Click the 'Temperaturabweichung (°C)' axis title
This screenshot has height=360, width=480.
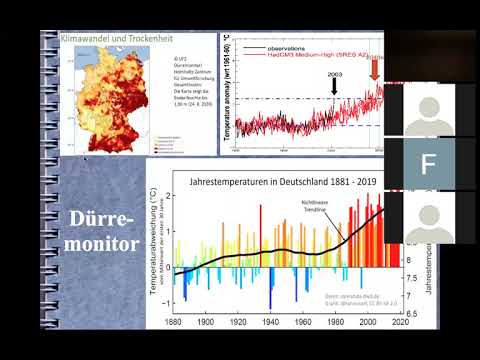point(156,243)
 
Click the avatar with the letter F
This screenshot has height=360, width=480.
point(429,163)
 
